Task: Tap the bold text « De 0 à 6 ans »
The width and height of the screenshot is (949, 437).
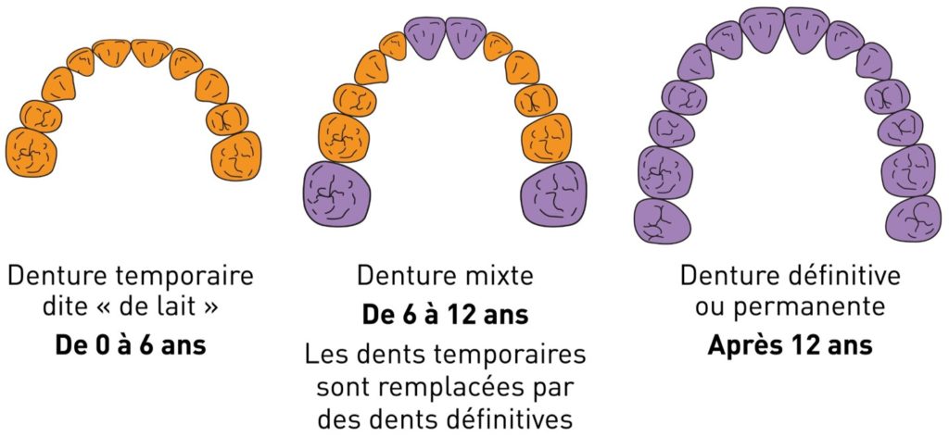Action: [x=130, y=345]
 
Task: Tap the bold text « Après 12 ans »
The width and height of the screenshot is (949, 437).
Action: [x=790, y=345]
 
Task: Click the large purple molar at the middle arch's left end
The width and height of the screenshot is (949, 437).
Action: [x=336, y=194]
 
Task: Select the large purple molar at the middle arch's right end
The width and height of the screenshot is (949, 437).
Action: [x=554, y=194]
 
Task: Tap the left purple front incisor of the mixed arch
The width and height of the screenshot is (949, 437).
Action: [x=424, y=37]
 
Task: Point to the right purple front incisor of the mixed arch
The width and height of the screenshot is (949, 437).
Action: [x=465, y=37]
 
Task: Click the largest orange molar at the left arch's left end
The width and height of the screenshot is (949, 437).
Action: [x=32, y=153]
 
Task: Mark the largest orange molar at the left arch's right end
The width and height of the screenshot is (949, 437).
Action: [x=236, y=156]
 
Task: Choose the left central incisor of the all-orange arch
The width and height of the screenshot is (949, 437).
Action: [x=112, y=52]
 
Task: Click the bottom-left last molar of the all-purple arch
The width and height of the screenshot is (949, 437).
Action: [x=663, y=221]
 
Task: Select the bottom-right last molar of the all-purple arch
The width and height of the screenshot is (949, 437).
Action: [x=913, y=218]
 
